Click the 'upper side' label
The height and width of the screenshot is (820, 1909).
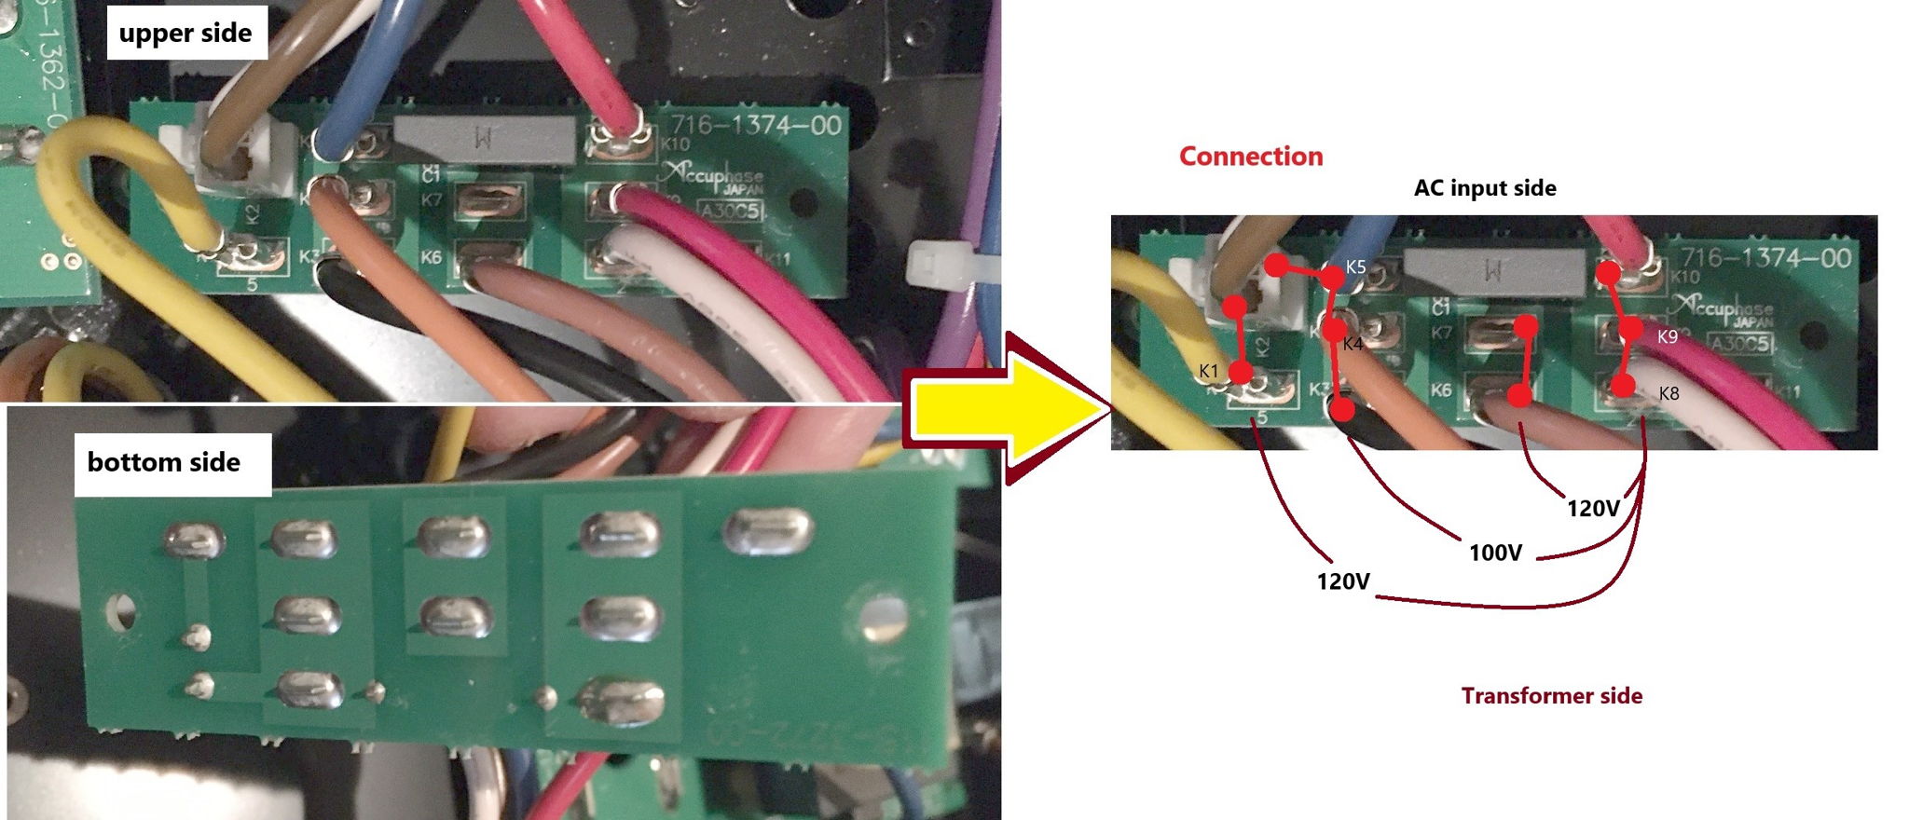[x=185, y=34]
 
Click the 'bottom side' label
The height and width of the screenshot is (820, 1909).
[x=164, y=462]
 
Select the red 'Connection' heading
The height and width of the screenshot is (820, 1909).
[x=1251, y=156]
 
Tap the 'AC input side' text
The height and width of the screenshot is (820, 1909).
[x=1485, y=188]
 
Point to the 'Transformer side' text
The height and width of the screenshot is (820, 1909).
[x=1551, y=696]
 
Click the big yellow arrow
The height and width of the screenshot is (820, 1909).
[x=1007, y=410]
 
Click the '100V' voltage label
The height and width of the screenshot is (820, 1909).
[x=1495, y=553]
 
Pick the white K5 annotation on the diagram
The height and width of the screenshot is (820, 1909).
[x=1356, y=267]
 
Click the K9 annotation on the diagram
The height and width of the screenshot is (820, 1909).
[x=1668, y=336]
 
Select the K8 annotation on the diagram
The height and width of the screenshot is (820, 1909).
[x=1669, y=394]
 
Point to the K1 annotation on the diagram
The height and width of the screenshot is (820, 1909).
[x=1209, y=371]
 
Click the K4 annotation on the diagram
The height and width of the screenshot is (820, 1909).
[x=1353, y=345]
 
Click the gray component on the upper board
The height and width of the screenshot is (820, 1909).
[x=485, y=141]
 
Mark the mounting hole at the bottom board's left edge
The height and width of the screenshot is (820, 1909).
[x=120, y=612]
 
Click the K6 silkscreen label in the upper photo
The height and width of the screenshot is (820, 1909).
[x=431, y=256]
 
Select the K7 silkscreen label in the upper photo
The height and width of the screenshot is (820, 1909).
[x=431, y=199]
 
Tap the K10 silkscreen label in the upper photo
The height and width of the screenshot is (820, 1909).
[x=674, y=144]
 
